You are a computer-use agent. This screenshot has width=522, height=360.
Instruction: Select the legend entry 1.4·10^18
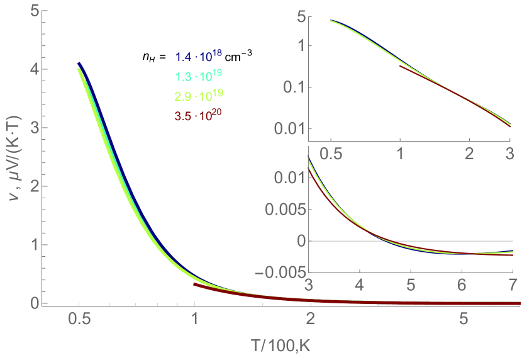197,58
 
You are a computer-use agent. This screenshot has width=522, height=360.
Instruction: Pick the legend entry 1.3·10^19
197,77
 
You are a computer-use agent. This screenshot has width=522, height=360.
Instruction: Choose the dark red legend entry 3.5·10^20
199,115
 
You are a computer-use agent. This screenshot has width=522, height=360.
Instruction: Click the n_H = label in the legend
153,59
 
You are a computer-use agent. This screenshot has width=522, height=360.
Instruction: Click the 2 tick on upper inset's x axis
468,153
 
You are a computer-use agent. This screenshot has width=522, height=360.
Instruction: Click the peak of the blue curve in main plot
79,64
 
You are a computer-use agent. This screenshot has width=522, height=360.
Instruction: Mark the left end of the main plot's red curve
195,284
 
